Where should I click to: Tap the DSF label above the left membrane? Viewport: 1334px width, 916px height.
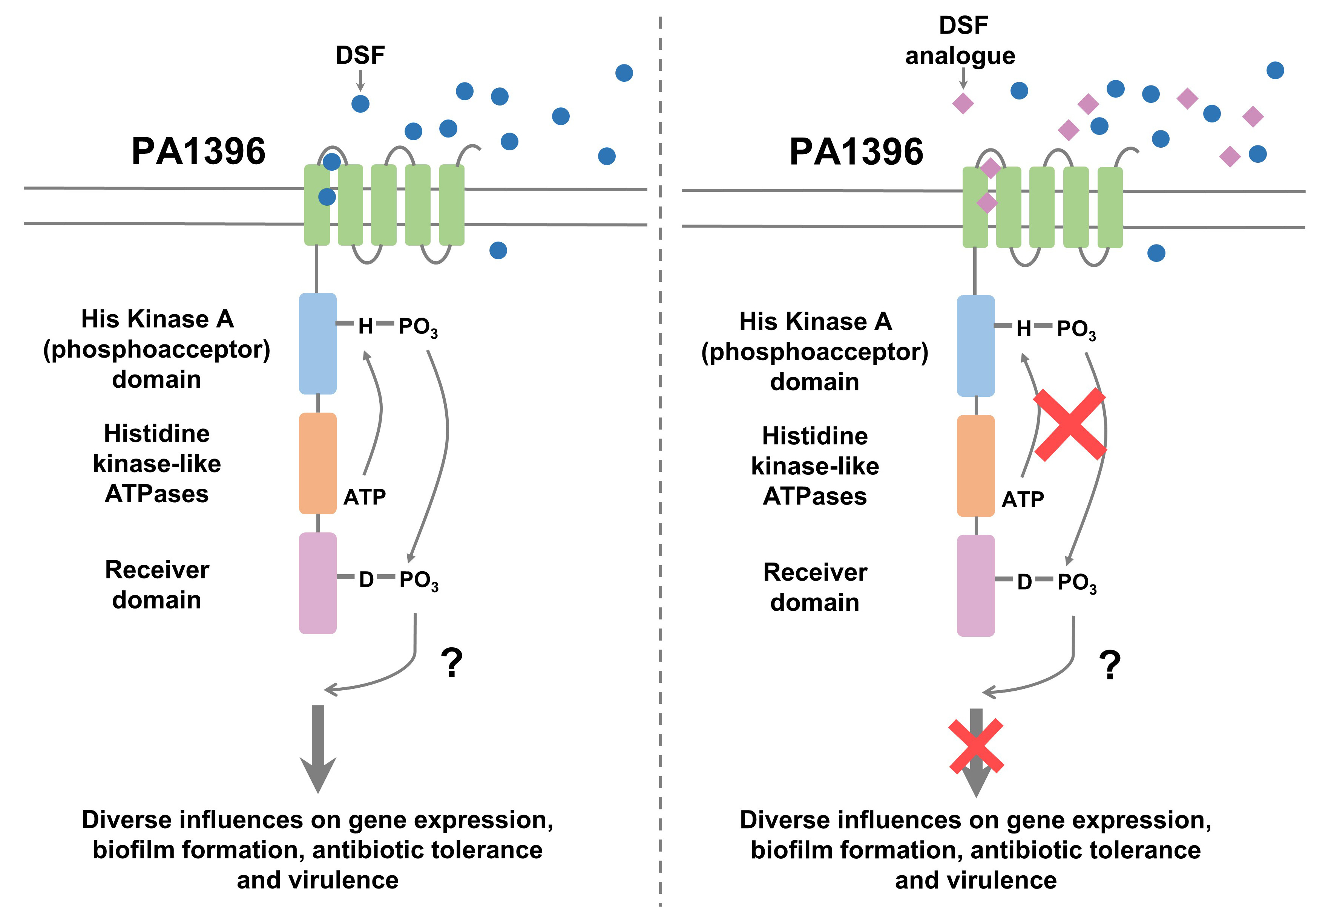coord(360,56)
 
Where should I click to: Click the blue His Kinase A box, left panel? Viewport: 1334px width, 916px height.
coord(317,343)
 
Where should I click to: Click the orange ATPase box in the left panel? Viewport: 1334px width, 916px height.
coord(317,463)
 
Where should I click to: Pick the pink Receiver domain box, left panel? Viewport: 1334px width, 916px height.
coord(317,583)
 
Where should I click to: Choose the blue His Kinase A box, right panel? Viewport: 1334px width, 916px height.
coord(976,346)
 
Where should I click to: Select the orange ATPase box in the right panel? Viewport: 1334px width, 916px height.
coord(976,465)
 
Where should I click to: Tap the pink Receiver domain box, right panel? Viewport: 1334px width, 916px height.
coord(976,586)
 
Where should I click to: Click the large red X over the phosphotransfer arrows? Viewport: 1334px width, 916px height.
coord(1070,425)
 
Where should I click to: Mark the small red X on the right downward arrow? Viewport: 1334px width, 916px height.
coord(976,746)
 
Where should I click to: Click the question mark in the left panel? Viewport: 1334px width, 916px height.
coord(452,663)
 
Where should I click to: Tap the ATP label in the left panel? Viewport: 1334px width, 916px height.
coord(365,497)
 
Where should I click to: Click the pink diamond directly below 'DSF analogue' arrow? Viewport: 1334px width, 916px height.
coord(963,104)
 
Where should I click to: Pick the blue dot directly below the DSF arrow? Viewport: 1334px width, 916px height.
coord(360,104)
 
